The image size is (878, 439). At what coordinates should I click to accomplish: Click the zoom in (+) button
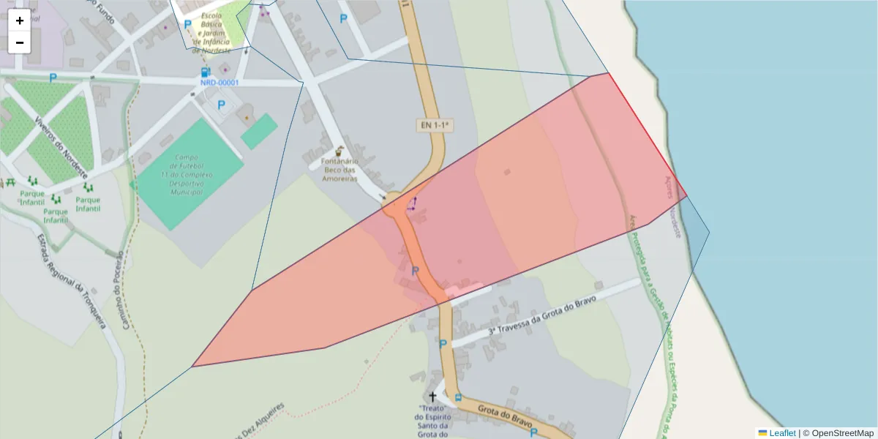point(20,20)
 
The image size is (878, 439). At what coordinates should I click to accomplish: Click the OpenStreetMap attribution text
point(842,433)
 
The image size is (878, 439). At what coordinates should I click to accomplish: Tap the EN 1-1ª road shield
point(435,126)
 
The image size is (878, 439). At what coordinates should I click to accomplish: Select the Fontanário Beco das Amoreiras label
point(339,169)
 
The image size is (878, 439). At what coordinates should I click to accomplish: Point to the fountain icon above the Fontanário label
point(339,151)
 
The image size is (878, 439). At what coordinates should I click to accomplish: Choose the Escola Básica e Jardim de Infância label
point(211,33)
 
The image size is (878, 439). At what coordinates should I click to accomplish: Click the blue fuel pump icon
point(206,72)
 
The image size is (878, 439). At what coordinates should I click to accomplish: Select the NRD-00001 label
point(219,83)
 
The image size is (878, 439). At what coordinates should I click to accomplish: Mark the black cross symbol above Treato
point(433,396)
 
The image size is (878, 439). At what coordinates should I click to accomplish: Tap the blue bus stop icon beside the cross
point(458,398)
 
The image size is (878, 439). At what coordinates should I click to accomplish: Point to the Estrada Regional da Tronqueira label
point(71,282)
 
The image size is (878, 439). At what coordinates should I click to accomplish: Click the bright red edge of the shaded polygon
point(647,135)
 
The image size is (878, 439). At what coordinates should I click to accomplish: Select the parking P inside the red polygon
point(415,271)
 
